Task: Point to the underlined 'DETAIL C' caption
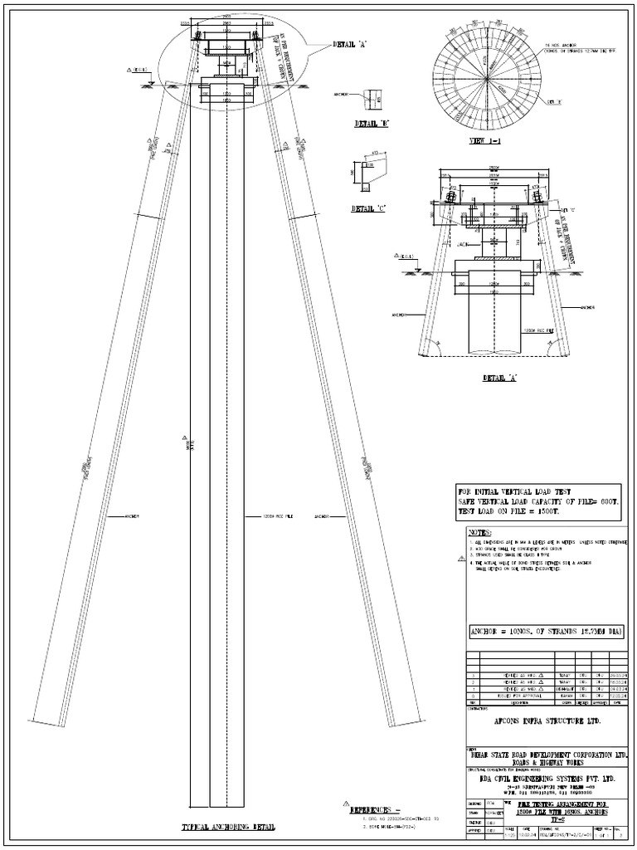pos(369,208)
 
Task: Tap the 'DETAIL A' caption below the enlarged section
pos(499,378)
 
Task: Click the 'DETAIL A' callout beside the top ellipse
pos(349,44)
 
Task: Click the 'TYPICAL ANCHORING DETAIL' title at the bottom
pos(228,828)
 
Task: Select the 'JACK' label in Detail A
pos(463,245)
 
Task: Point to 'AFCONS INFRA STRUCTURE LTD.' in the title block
pos(547,721)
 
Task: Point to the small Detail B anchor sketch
pos(370,98)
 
